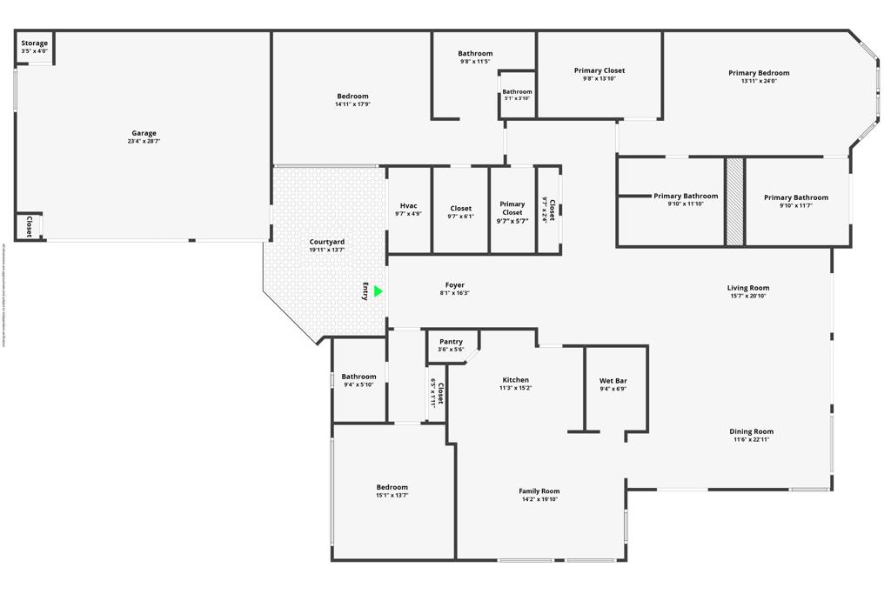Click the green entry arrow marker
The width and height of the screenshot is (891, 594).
click(x=379, y=292)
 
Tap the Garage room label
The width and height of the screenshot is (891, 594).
click(x=144, y=133)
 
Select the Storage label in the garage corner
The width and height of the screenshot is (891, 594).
click(x=35, y=43)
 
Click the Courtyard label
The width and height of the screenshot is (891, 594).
click(x=327, y=242)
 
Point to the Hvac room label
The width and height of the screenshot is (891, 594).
click(x=408, y=206)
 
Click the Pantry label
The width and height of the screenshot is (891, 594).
click(x=451, y=342)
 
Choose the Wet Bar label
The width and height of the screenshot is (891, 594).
click(x=613, y=381)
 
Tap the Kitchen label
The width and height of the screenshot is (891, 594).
click(x=515, y=380)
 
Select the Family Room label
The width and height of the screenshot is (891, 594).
click(x=539, y=491)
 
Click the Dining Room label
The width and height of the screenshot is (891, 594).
click(x=752, y=431)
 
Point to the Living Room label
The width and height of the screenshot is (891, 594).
click(x=748, y=288)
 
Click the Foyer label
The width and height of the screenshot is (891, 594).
click(x=454, y=285)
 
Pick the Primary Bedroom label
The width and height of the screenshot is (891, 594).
click(x=759, y=73)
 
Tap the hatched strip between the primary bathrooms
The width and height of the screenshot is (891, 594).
click(x=735, y=202)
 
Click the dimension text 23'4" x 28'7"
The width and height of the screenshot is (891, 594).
click(x=144, y=141)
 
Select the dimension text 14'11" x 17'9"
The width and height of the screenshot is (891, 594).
click(x=352, y=104)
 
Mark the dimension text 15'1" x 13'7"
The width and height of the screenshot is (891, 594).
click(x=392, y=496)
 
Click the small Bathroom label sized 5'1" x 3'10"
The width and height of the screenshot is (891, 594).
click(x=517, y=91)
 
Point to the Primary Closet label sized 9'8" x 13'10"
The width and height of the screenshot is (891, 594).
click(x=600, y=70)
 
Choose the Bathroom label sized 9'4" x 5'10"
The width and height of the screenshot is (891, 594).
click(x=359, y=377)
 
